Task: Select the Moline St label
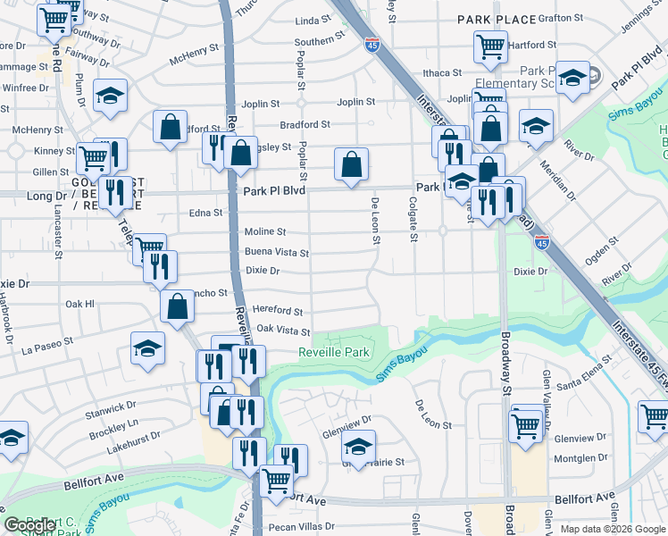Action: [265, 232]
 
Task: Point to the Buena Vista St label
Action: [277, 253]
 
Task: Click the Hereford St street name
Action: [278, 311]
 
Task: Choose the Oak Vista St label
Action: [283, 331]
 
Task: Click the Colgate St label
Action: [413, 220]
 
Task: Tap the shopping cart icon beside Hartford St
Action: [490, 45]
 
